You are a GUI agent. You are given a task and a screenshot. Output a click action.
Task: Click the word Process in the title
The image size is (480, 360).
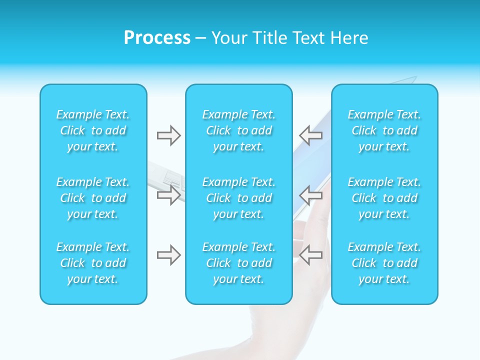[157, 38]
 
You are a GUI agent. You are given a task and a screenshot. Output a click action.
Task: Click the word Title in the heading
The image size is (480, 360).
[270, 38]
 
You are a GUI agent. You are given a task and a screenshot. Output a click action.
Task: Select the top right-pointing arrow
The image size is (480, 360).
[169, 135]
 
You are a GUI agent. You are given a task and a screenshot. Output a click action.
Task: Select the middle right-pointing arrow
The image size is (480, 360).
[169, 195]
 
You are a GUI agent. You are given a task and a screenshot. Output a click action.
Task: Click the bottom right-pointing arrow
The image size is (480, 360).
[169, 255]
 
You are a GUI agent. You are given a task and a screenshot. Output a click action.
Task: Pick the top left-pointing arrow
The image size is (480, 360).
[311, 135]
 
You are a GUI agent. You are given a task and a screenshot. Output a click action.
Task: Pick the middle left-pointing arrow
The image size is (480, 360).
[311, 194]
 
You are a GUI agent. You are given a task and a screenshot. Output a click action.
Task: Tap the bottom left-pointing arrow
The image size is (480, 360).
[311, 254]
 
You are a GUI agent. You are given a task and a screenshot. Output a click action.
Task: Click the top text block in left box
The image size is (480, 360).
[93, 130]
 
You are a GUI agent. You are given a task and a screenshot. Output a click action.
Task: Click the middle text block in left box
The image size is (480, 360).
[93, 198]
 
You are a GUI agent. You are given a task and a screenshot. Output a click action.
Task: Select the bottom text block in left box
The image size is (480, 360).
[93, 263]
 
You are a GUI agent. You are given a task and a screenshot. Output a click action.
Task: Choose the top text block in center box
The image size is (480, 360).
[239, 130]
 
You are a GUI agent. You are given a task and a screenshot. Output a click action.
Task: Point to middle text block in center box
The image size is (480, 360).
[239, 198]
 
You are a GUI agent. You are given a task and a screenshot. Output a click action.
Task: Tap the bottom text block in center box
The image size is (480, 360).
[239, 263]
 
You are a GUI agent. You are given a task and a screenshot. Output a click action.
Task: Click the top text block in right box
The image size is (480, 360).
[384, 130]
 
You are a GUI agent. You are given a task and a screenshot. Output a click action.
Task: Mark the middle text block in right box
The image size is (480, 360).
[384, 198]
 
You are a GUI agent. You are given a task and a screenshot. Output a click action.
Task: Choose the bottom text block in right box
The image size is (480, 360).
[384, 263]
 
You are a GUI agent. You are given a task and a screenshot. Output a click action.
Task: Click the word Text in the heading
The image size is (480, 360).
[308, 38]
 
